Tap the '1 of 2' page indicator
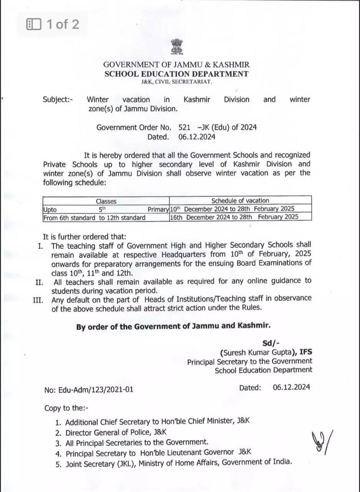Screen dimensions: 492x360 53,25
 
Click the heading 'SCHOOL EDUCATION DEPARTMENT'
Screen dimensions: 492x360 176,74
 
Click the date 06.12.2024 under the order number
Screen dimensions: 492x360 197,137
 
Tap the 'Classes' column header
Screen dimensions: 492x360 106,201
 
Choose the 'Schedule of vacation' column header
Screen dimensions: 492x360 240,200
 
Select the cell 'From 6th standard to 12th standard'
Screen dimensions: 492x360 95,218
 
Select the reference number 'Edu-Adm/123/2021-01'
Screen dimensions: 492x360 96,390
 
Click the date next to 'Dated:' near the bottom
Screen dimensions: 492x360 291,387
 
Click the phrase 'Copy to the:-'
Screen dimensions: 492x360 66,408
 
